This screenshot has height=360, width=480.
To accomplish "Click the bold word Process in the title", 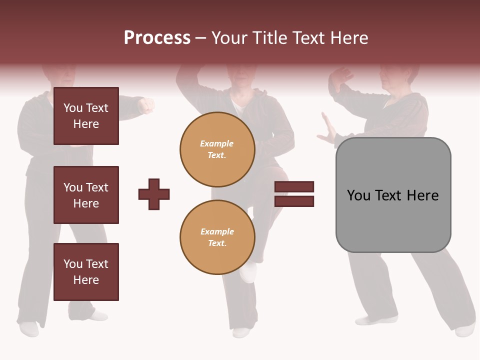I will coord(157,38).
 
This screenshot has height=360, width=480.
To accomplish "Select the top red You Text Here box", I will coord(86,116).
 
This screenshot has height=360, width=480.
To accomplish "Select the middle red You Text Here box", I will coord(86,195).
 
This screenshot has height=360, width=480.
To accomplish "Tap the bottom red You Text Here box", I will coord(86,271).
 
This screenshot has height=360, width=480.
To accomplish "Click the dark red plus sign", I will coord(154,194).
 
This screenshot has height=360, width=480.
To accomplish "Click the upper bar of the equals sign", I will coord(294,186).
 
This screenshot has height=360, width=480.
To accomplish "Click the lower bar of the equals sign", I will coord(294,201).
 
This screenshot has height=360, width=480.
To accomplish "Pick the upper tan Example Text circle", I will coord(217,149).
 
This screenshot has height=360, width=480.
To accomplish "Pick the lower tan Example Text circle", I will coord(217,237).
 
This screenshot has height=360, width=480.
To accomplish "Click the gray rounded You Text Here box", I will coord(393,195).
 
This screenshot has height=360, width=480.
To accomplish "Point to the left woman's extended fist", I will coord(146,105).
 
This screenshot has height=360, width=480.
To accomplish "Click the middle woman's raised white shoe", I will coord(248,272).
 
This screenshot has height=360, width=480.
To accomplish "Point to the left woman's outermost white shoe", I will coord(28,328).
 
